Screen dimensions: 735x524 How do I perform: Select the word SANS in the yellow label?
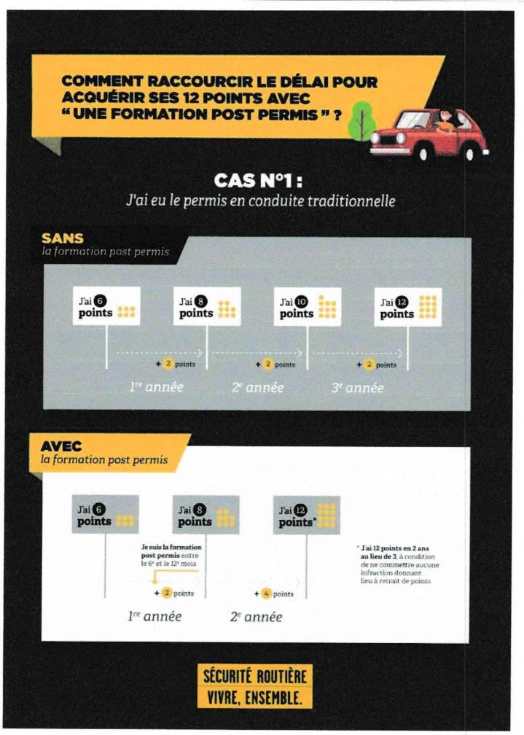click(63, 238)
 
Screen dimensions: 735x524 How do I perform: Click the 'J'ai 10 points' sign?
click(306, 307)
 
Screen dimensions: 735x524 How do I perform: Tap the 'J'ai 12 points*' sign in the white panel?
click(306, 515)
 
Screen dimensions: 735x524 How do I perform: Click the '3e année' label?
click(356, 387)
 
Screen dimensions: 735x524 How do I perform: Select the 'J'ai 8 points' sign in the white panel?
click(206, 515)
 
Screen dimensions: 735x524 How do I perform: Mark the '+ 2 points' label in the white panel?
click(173, 594)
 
